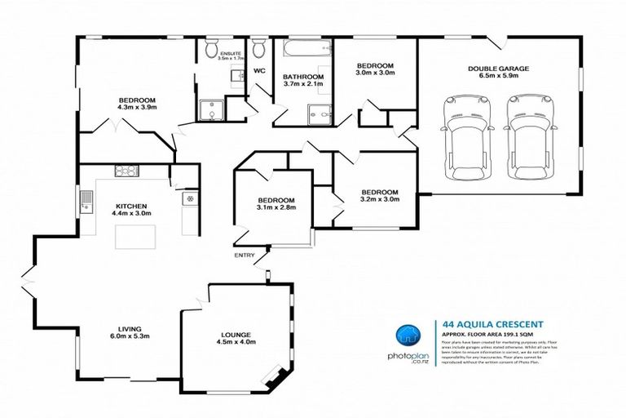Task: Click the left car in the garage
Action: click(x=461, y=142)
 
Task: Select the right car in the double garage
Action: click(x=524, y=142)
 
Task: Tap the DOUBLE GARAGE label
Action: click(x=499, y=69)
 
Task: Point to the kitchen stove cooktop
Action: click(x=126, y=171)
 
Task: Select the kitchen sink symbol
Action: click(x=86, y=198)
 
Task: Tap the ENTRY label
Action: click(x=245, y=256)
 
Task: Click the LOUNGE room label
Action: click(x=236, y=334)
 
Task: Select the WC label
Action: click(x=260, y=71)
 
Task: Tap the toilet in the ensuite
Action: click(x=212, y=50)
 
